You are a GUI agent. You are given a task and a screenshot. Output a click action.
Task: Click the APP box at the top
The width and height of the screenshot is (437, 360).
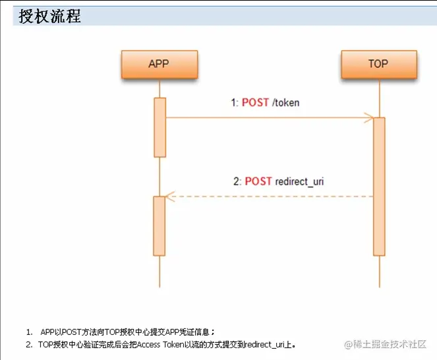click(159, 64)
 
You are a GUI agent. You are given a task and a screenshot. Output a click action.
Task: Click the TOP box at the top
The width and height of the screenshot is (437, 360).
click(378, 64)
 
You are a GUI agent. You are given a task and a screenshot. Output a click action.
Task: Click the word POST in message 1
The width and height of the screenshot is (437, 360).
click(256, 103)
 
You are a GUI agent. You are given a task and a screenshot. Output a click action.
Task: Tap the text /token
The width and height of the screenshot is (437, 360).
click(286, 103)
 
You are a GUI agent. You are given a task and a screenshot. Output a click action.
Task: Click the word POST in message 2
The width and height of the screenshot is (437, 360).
click(258, 181)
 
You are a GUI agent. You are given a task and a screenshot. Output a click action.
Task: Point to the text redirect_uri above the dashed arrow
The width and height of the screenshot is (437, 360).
click(299, 181)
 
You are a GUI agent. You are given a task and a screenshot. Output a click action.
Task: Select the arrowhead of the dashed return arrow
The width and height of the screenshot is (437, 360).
click(169, 196)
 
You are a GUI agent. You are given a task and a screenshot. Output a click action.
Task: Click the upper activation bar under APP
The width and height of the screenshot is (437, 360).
click(160, 127)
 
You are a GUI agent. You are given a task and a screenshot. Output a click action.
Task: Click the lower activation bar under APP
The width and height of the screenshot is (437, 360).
click(160, 225)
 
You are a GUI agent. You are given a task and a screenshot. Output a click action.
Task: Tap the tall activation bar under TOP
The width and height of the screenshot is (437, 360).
click(378, 186)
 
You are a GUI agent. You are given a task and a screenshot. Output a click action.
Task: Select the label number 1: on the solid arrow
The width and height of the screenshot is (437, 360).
click(234, 103)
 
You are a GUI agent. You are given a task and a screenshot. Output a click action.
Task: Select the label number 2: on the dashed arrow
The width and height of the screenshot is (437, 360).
click(237, 181)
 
